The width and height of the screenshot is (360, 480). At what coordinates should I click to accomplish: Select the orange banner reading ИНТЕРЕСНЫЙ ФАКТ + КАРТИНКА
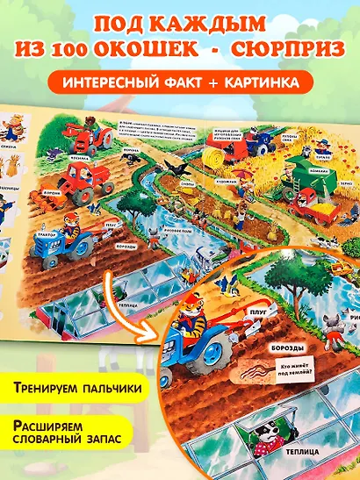(x=180, y=82)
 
